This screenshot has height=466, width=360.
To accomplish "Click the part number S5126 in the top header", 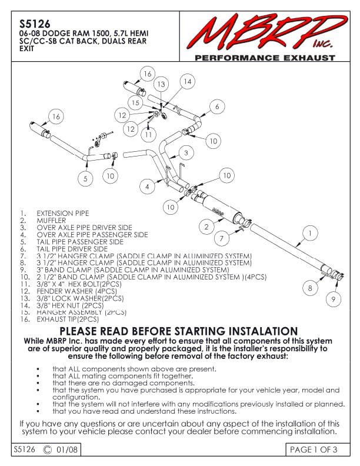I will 31,25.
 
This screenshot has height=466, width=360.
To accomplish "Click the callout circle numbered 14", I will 186,82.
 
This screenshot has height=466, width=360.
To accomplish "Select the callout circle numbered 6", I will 217,106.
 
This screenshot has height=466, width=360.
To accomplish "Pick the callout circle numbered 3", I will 185,153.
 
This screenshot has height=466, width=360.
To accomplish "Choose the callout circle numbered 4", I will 147,187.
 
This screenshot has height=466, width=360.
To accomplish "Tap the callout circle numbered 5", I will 85,178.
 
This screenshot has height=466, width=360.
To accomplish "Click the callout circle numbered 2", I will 206,226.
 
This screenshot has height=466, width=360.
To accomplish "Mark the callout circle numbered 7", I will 221,238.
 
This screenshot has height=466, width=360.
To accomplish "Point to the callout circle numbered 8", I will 310,288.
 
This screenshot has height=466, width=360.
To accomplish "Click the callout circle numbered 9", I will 334,299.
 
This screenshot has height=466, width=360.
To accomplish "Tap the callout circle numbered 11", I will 148,134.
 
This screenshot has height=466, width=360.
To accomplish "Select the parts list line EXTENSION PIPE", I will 63,214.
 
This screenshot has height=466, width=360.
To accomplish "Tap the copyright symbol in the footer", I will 48,450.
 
